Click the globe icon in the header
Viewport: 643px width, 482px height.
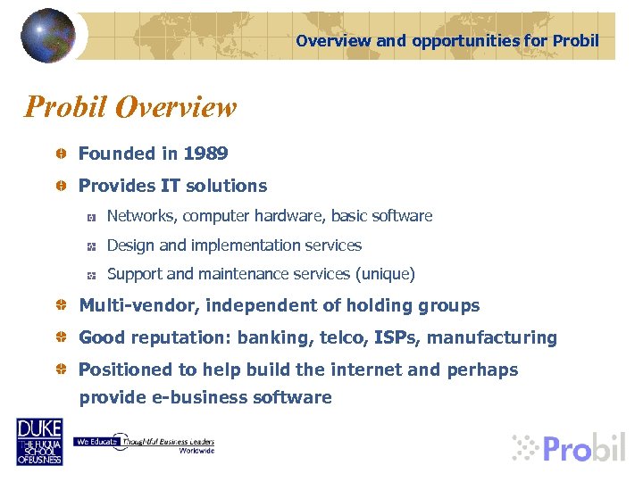tap(48, 35)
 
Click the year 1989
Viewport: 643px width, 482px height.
tap(205, 154)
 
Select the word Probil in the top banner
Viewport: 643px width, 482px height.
tap(576, 41)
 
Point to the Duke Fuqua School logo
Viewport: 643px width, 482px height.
tap(39, 441)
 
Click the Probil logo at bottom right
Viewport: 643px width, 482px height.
tap(569, 446)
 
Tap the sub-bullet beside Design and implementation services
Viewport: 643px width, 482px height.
tap(90, 246)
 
